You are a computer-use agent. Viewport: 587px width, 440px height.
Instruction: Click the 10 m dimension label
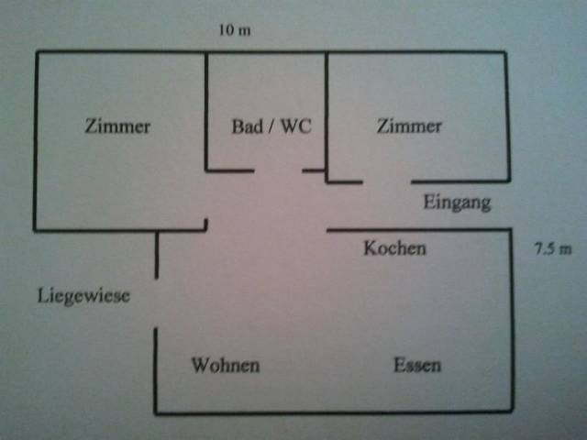[234, 30]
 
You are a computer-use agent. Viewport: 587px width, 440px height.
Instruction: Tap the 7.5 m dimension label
[552, 248]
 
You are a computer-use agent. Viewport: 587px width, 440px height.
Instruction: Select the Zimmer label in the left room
[117, 127]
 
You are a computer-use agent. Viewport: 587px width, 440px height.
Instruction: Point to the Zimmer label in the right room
[409, 126]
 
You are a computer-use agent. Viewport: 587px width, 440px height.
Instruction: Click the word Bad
[247, 127]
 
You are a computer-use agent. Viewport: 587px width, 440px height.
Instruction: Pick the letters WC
[295, 127]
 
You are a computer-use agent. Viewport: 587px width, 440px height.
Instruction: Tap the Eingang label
[457, 203]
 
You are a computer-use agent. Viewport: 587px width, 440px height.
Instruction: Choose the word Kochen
[394, 248]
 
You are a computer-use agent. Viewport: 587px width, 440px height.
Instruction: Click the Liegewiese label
[83, 296]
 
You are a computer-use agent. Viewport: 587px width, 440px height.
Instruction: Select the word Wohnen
[225, 366]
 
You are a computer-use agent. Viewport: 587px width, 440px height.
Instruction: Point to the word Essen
[417, 366]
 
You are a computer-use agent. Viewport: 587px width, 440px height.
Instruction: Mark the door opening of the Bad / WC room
[278, 170]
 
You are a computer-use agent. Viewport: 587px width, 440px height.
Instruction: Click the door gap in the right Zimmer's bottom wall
[386, 181]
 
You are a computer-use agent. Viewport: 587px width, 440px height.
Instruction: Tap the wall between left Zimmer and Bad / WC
[205, 110]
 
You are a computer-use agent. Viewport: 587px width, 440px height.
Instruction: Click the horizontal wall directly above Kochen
[417, 229]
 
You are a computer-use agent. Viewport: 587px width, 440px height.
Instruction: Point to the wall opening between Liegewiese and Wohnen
[156, 303]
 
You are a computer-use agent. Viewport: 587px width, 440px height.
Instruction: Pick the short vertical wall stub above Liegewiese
[157, 255]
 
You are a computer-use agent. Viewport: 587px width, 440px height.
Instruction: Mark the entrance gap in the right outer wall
[509, 205]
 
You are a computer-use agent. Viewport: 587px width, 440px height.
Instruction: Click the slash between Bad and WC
[271, 127]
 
